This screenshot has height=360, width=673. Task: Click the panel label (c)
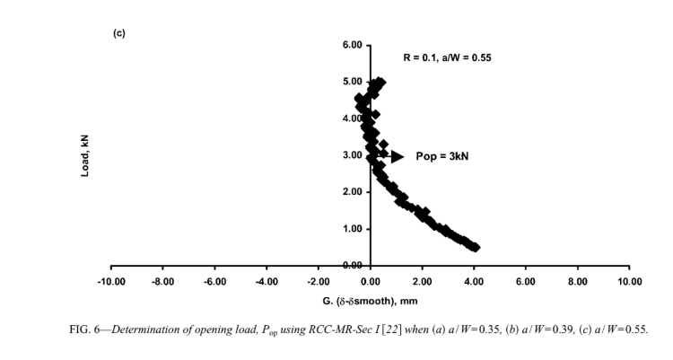click(118, 33)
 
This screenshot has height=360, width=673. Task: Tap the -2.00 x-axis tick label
click(319, 282)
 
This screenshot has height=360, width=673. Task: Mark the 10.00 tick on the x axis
click(630, 282)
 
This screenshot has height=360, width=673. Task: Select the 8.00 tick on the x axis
click(578, 282)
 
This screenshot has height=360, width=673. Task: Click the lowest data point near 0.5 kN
click(475, 247)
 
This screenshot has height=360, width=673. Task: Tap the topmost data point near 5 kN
click(380, 83)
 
